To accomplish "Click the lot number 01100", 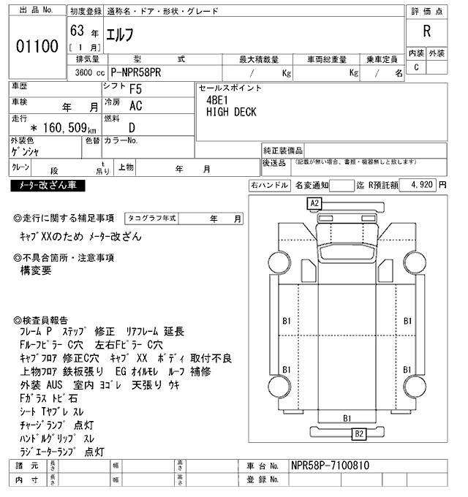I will coord(37,47).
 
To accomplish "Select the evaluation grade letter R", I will coord(426,31).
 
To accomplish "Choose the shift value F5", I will coord(135,90).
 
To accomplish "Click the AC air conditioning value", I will coord(135,106).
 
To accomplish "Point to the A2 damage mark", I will coord(315,202).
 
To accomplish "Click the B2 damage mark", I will coord(358,434).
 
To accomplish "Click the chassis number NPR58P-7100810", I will coord(330,466).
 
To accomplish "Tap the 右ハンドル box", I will coord(269,186).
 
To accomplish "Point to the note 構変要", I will coord(37,270).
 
